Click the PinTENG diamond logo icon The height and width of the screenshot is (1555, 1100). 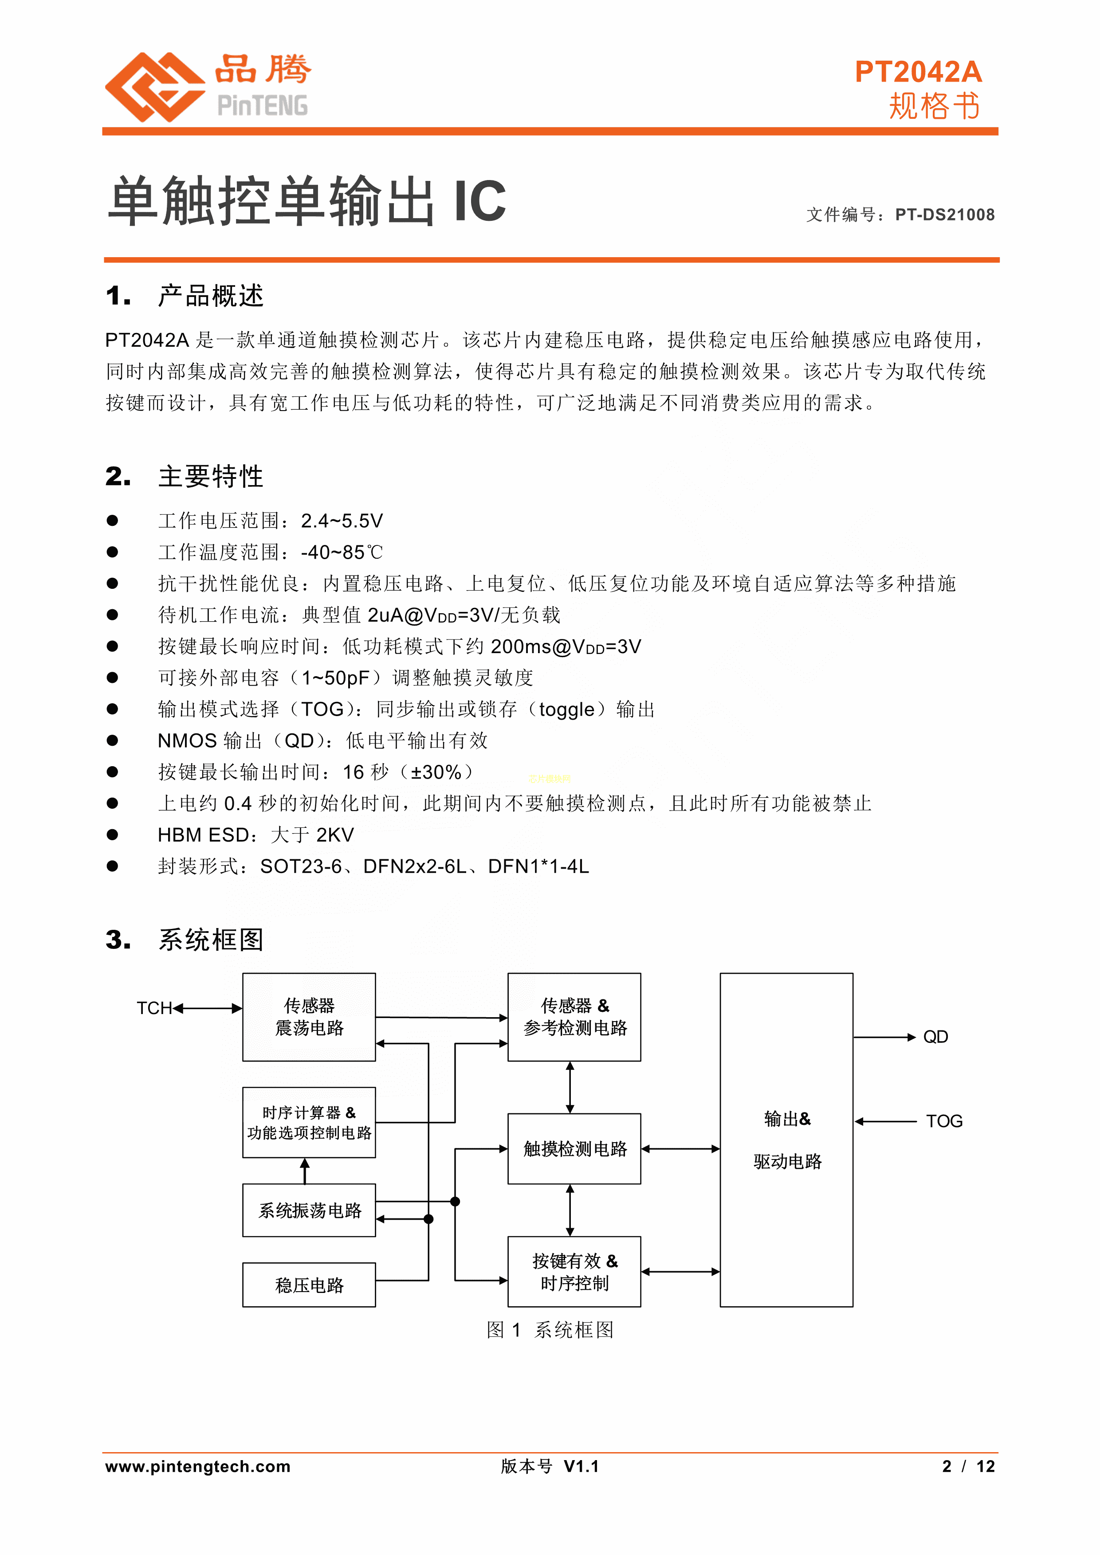154,87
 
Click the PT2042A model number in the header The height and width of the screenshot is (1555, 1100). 918,72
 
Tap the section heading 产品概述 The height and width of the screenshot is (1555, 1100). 211,296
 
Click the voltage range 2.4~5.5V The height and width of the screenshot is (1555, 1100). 342,521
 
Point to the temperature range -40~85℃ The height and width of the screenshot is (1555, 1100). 342,552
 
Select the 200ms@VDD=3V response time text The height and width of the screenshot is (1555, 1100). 566,647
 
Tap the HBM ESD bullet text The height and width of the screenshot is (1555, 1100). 255,835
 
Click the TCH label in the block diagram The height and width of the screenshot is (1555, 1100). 154,1008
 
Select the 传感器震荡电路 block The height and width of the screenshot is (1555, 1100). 309,1017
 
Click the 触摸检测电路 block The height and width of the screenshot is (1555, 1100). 574,1149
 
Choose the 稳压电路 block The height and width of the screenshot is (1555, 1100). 309,1285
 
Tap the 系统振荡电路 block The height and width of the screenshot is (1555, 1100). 309,1210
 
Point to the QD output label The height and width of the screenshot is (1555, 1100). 935,1037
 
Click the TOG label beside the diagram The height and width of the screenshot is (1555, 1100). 944,1121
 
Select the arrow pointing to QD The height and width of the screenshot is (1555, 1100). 884,1037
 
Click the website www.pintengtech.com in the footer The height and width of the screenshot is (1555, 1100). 198,1466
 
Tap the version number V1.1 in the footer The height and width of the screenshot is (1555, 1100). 581,1466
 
